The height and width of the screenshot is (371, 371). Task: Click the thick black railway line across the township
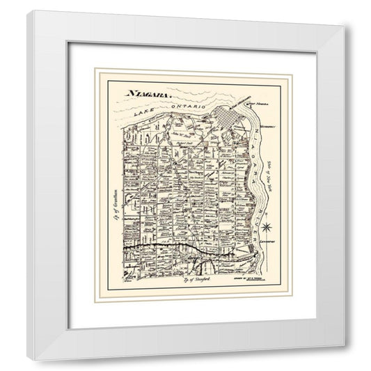167,246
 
